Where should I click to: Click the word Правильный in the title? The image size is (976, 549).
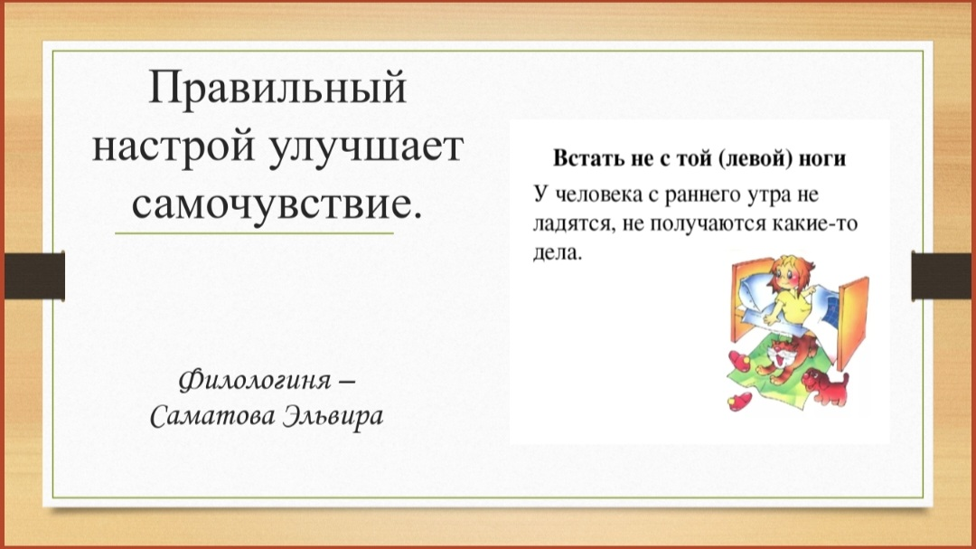pyautogui.click(x=277, y=91)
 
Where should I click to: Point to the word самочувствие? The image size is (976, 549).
pyautogui.click(x=277, y=204)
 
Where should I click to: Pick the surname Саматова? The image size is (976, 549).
pyautogui.click(x=210, y=418)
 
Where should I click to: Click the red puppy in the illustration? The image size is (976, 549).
pyautogui.click(x=826, y=387)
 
